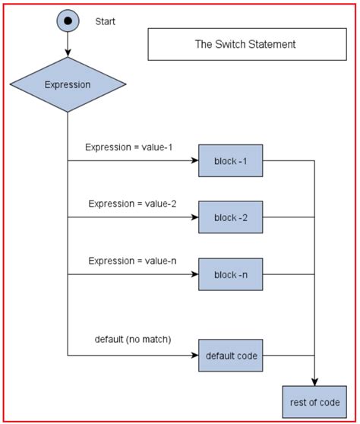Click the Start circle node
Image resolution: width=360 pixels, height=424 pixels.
coord(68,21)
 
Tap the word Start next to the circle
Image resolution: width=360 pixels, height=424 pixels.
coord(106,21)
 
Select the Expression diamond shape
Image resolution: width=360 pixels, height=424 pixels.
coord(68,84)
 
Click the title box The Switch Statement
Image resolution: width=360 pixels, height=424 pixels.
coord(245,45)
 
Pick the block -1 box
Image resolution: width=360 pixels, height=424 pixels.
coord(231,161)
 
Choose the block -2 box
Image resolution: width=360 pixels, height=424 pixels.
coord(231,218)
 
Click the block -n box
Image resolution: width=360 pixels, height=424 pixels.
coord(231,275)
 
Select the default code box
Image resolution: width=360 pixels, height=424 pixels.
coord(231,355)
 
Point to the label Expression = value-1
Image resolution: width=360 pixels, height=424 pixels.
coord(129,147)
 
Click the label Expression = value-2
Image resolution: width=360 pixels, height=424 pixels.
coord(132,204)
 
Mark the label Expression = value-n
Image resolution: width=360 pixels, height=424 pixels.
coord(132,261)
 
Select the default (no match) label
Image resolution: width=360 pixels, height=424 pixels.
coord(132,339)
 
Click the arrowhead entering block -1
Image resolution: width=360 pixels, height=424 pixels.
coord(194,161)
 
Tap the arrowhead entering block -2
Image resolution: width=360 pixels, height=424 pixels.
coord(194,218)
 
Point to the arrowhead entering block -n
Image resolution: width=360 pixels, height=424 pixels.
coord(194,275)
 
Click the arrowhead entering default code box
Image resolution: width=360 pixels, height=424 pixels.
coord(194,355)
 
